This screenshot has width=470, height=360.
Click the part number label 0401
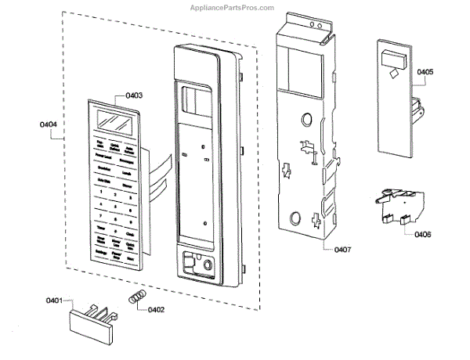54,301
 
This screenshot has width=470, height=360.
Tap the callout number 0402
154,309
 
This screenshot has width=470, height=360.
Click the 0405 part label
425,72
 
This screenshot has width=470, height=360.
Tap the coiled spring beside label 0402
136,298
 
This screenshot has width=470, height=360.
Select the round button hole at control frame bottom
208,267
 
